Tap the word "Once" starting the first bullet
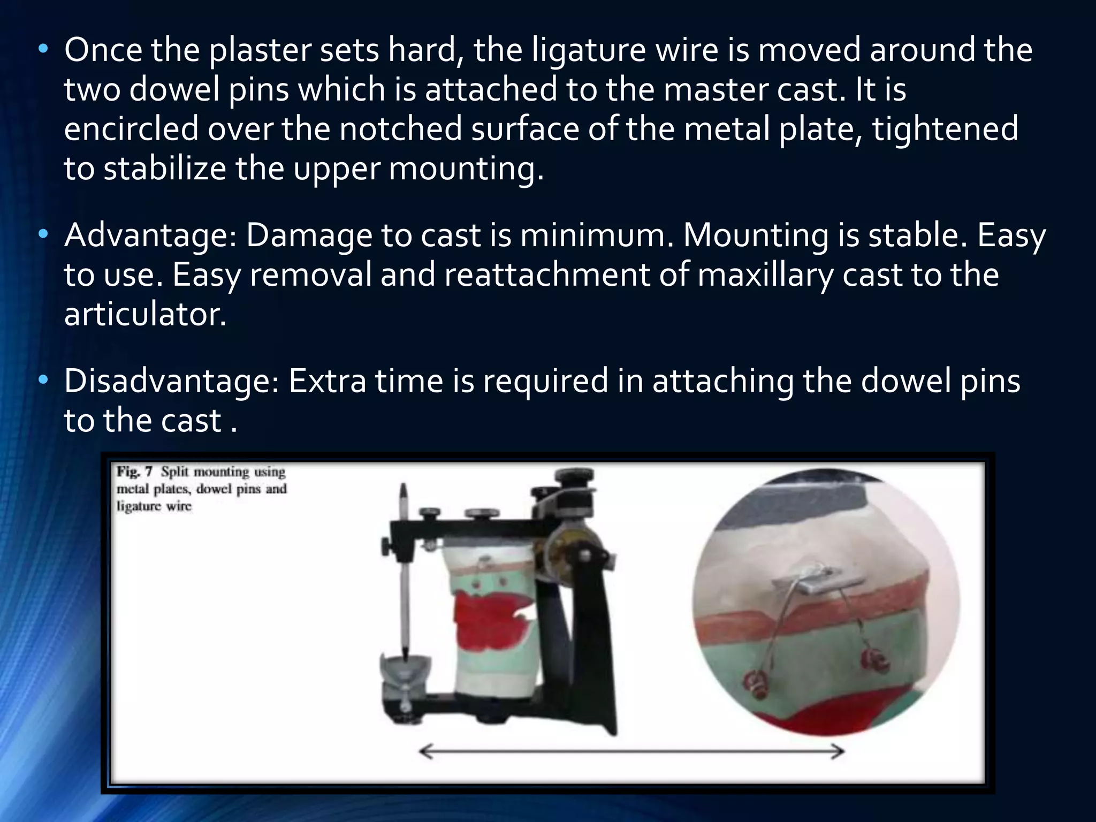point(103,50)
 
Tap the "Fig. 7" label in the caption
point(134,472)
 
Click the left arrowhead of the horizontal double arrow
point(425,752)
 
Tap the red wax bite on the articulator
point(487,621)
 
